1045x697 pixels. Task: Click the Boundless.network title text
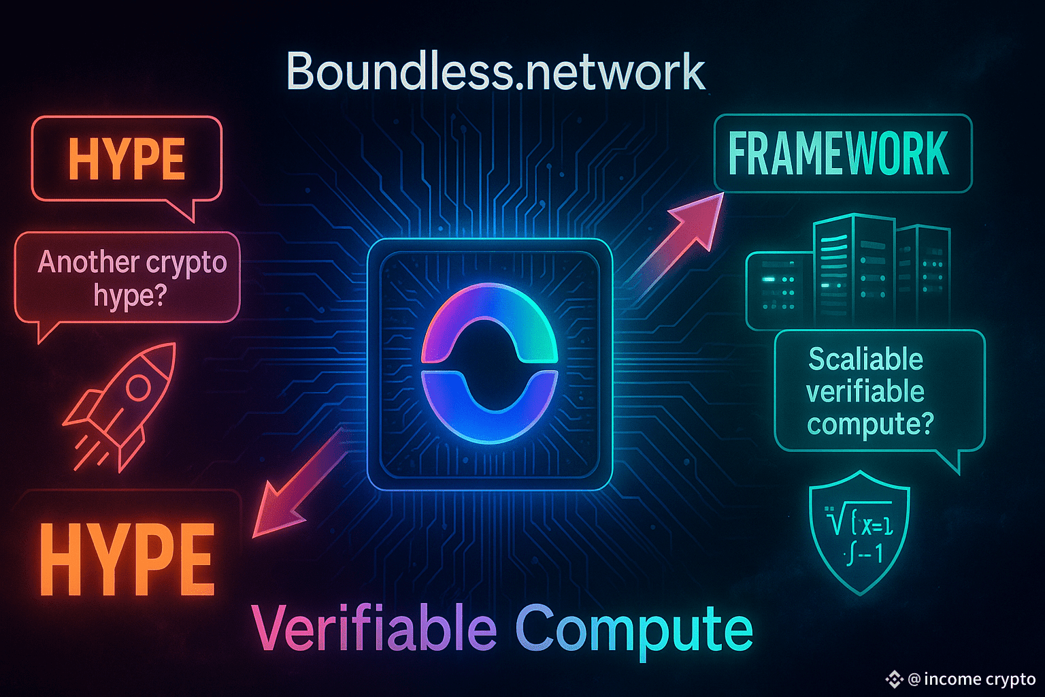tap(495, 71)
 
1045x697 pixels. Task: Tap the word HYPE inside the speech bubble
tap(127, 159)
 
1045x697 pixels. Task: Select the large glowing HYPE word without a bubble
tap(127, 560)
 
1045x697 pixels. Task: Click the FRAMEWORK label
tap(838, 154)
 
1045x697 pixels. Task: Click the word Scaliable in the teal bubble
tap(865, 359)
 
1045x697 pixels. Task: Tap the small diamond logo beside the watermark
tap(894, 679)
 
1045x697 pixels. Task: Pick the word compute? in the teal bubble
tap(870, 424)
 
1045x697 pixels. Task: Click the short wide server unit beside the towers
tap(779, 289)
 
